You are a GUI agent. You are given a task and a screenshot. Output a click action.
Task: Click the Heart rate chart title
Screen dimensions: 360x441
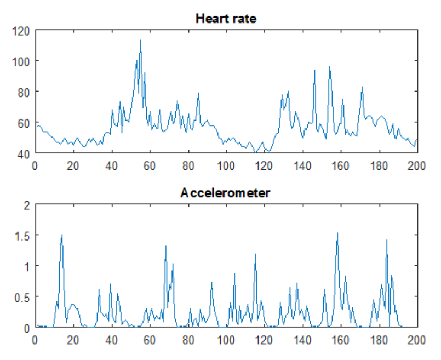226,19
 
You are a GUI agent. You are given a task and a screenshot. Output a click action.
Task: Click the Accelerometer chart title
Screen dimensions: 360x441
225,193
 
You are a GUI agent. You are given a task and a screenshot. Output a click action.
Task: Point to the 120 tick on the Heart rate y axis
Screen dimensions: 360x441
21,30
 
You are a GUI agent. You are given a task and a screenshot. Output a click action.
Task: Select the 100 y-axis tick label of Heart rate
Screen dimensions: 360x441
21,61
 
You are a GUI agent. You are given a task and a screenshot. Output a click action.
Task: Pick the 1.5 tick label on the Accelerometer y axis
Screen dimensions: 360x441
21,235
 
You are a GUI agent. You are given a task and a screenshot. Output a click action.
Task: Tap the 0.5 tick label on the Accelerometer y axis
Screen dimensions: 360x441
21,296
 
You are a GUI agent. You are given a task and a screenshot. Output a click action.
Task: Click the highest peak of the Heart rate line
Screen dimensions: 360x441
140,40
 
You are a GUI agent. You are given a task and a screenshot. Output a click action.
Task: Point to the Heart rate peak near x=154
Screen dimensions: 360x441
329,67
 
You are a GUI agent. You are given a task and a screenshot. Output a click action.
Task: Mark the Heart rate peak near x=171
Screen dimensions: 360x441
362,87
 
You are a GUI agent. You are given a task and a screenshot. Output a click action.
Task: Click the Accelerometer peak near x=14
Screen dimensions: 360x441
62,235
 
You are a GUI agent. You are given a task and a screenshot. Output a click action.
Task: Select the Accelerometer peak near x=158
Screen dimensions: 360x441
337,233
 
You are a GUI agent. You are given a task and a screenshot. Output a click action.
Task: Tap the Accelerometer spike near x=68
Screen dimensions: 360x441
165,247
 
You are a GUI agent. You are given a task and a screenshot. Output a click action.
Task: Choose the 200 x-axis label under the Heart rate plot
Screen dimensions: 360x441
417,164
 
